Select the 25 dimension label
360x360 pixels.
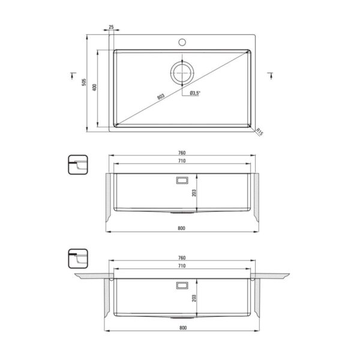click(111, 27)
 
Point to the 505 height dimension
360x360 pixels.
click(84, 82)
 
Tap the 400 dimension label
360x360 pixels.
click(94, 87)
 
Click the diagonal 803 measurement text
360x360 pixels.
click(161, 97)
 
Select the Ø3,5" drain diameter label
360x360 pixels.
click(195, 93)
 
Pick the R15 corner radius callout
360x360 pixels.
click(260, 132)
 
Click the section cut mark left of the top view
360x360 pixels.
click(73, 76)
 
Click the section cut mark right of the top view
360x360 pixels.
click(271, 76)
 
